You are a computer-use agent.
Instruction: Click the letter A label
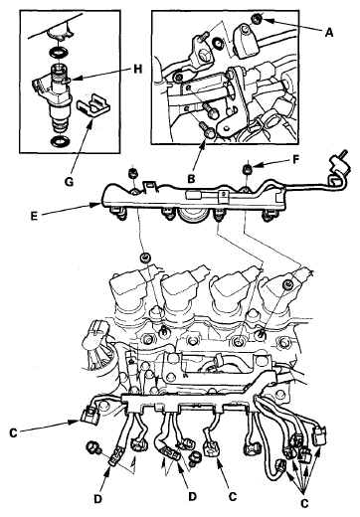pos(328,33)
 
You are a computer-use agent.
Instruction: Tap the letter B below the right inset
pos(191,179)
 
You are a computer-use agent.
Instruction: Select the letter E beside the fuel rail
pos(34,216)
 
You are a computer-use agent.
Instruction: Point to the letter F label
pos(296,160)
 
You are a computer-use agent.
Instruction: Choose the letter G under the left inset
pos(69,182)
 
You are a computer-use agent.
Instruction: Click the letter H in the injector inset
pos(137,69)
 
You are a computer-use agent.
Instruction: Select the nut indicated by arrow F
pos(249,168)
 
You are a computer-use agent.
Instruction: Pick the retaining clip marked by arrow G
pos(93,106)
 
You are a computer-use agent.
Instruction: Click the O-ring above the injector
pos(59,52)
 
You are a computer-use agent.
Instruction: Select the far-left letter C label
pos(13,432)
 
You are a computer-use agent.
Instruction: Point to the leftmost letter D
pos(97,499)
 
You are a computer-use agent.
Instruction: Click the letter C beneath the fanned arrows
pos(304,503)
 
